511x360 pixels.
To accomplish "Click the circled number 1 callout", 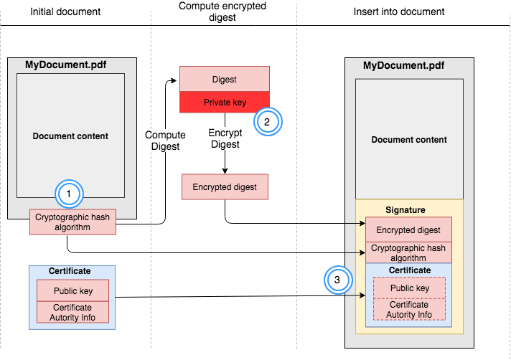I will pyautogui.click(x=69, y=194).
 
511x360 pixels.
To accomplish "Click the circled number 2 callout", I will pyautogui.click(x=266, y=121).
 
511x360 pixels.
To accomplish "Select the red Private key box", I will pyautogui.click(x=225, y=103).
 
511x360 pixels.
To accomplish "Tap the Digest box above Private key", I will pyautogui.click(x=225, y=80).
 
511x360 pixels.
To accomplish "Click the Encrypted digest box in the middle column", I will pyautogui.click(x=225, y=187).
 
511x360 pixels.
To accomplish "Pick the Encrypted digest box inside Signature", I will pyautogui.click(x=408, y=230).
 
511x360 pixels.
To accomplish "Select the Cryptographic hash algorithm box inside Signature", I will pyautogui.click(x=408, y=253).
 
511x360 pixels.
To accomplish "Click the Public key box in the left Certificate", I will pyautogui.click(x=72, y=291).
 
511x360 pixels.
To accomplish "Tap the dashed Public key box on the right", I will pyautogui.click(x=409, y=288).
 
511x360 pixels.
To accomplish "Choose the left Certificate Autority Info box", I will pyautogui.click(x=72, y=312).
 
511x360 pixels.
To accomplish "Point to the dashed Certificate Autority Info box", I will pyautogui.click(x=409, y=310).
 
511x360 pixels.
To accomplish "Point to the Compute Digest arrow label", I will pyautogui.click(x=165, y=141).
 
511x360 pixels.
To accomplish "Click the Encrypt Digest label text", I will pyautogui.click(x=225, y=138).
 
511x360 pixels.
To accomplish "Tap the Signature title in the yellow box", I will pyautogui.click(x=406, y=210).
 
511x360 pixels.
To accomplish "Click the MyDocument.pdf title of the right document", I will pyautogui.click(x=403, y=66).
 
